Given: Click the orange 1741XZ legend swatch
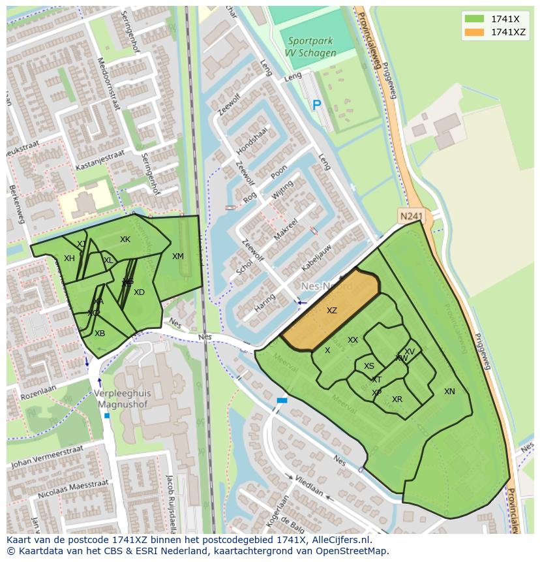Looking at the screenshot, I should click(x=474, y=32).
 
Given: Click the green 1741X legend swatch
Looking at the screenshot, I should click(x=474, y=19).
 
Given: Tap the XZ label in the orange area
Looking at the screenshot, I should click(x=332, y=311).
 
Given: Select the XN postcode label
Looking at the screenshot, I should click(x=449, y=392).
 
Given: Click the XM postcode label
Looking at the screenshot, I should click(x=178, y=257).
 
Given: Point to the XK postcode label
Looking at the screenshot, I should click(x=125, y=240).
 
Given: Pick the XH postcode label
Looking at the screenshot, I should click(x=69, y=258).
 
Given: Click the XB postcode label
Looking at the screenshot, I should click(x=100, y=334).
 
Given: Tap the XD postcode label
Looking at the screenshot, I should click(x=139, y=292).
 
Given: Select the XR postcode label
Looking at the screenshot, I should click(x=397, y=399).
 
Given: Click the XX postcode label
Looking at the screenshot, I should click(x=353, y=340).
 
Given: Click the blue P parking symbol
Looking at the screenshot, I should click(x=317, y=104).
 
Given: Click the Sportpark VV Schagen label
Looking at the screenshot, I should click(x=312, y=47).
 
